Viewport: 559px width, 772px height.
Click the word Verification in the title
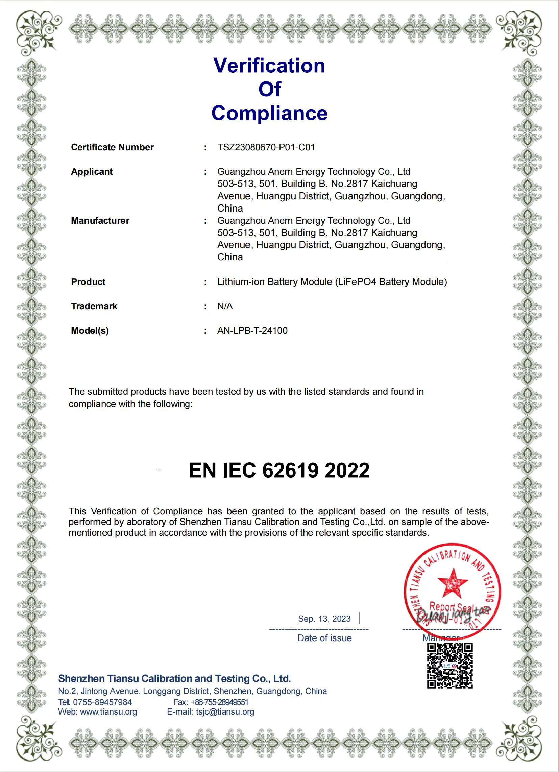269,65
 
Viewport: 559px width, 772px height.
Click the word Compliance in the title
269,113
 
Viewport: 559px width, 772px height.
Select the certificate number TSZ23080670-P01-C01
266,147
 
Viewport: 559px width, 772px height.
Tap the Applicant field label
92,172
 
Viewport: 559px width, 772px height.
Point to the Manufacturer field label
100,221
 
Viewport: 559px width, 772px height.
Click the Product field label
88,282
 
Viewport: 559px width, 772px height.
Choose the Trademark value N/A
225,306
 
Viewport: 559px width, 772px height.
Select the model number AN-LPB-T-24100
252,331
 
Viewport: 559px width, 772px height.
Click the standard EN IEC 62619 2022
279,471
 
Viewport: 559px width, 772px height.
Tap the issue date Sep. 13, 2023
324,619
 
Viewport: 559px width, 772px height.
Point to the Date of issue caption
324,638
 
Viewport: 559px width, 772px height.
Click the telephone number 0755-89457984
102,702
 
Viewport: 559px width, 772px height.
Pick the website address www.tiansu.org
108,712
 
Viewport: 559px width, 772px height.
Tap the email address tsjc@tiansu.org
225,712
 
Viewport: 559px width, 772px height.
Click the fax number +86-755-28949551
219,702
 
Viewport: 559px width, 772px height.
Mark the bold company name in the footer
174,678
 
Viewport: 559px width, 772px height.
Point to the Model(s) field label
90,331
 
